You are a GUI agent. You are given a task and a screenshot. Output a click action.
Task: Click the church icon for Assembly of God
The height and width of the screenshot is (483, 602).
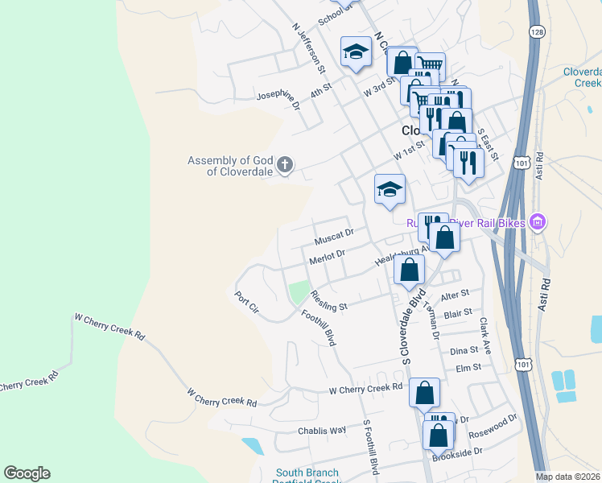click(285, 166)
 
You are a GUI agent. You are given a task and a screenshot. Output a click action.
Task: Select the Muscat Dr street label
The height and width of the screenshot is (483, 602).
click(334, 240)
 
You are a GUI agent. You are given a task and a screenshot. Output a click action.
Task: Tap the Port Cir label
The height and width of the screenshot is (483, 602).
click(245, 302)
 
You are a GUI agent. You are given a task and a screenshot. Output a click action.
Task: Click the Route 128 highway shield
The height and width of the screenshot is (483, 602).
click(536, 31)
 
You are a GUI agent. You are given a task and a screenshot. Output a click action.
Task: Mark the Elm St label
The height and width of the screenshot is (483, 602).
click(468, 368)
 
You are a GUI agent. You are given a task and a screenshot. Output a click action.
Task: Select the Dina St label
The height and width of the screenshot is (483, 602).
click(464, 351)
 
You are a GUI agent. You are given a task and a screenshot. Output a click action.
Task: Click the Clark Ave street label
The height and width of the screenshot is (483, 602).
click(484, 335)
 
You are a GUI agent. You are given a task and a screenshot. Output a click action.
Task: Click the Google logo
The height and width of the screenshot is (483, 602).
click(27, 473)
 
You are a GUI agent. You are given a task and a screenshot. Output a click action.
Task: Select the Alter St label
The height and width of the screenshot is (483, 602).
click(455, 295)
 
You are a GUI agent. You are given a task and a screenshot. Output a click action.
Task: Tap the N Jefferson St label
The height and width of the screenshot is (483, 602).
click(307, 44)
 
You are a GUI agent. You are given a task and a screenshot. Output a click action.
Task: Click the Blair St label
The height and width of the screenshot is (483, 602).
click(457, 314)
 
